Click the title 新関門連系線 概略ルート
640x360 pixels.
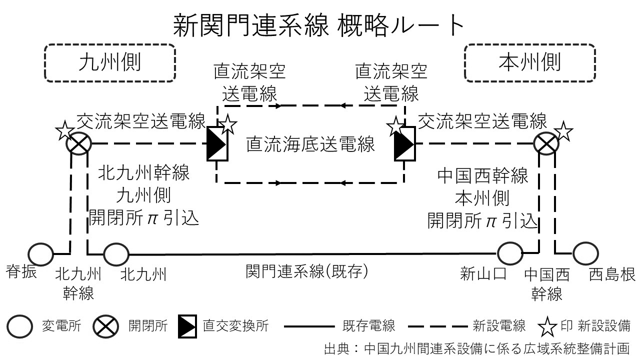coord(319,25)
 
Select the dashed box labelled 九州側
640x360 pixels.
coord(110,63)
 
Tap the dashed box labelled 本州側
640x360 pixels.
coord(530,63)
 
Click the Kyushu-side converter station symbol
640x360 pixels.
coord(217,144)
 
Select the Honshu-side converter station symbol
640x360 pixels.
coord(404,144)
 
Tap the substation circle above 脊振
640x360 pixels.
coord(40,254)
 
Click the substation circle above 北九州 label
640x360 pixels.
coord(116,254)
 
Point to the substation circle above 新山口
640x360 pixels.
coord(510,253)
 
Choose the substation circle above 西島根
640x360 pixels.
coord(585,253)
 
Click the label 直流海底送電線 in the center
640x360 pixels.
coord(310,145)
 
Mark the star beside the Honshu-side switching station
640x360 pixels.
coord(563,131)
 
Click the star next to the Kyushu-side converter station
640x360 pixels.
coord(227,124)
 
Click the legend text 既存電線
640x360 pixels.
coord(369,326)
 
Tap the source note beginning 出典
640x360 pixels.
coord(475,348)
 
